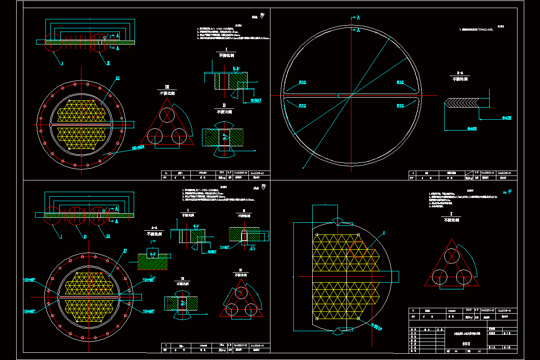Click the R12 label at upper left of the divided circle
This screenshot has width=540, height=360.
301,82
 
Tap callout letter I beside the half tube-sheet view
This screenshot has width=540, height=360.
384,233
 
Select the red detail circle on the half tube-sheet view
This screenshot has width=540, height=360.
361,247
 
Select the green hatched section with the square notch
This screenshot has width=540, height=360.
152,261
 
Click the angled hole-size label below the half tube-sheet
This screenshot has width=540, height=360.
376,328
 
